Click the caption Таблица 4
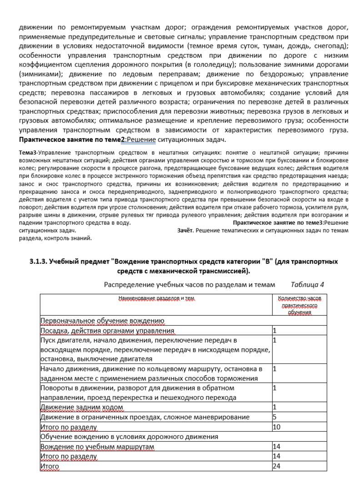click(307, 285)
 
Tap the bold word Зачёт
click(185, 231)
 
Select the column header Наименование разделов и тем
click(156, 298)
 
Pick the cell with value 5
click(275, 417)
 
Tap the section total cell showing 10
click(276, 427)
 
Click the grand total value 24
click(276, 466)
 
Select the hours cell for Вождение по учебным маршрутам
click(276, 447)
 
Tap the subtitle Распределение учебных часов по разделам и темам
click(190, 285)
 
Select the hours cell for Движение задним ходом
click(275, 407)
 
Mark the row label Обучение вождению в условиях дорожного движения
click(130, 437)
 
